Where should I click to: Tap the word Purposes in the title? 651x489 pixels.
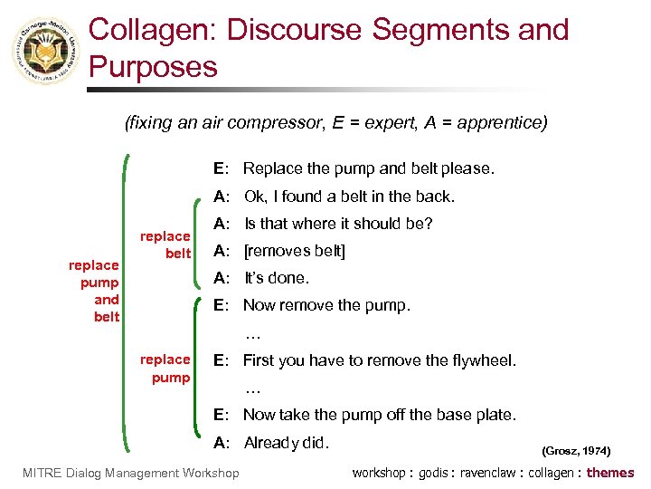click(154, 67)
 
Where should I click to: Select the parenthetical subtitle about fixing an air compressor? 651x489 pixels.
click(335, 122)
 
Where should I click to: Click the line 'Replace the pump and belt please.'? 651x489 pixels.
click(368, 168)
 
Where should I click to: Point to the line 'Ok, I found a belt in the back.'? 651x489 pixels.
click(349, 197)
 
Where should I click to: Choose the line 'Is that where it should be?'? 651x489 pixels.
click(338, 224)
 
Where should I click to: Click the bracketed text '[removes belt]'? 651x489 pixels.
click(295, 251)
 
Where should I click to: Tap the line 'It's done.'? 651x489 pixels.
click(277, 278)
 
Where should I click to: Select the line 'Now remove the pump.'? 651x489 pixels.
click(326, 305)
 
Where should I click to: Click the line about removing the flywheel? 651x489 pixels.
click(379, 360)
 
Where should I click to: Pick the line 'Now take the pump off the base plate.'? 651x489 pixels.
click(379, 415)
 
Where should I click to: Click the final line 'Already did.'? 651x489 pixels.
click(287, 443)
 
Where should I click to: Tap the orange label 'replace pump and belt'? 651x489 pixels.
click(94, 291)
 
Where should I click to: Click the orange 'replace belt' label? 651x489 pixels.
click(165, 244)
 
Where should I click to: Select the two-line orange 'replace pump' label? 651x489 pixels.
click(165, 369)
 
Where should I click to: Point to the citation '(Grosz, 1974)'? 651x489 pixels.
click(576, 450)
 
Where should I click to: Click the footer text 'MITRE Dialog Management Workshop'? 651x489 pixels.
click(129, 473)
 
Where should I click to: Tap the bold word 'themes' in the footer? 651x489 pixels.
click(610, 473)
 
